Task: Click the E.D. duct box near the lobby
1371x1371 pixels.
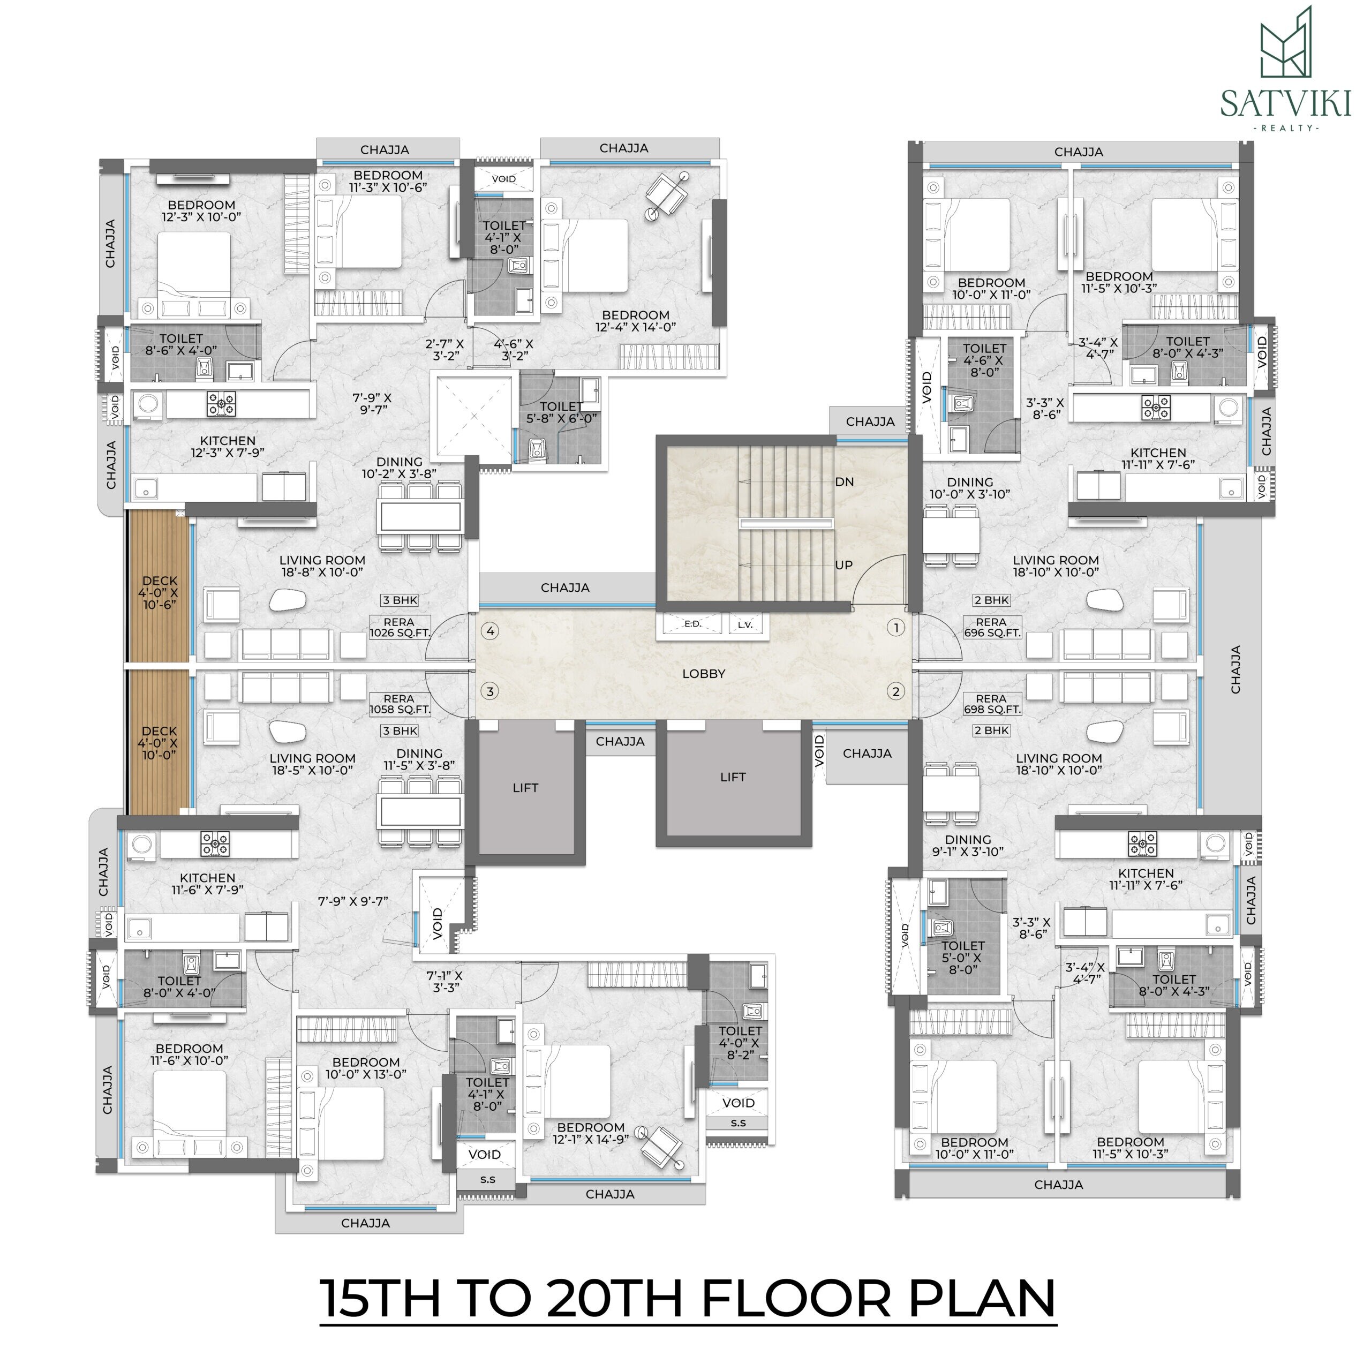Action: [x=692, y=624]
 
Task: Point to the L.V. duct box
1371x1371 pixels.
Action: [x=745, y=624]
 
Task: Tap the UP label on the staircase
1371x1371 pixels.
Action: [x=843, y=566]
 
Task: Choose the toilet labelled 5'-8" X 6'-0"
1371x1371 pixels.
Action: [x=561, y=413]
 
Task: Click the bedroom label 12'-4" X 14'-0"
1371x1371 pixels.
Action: [x=636, y=321]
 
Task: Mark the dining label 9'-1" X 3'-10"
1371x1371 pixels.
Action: [x=968, y=846]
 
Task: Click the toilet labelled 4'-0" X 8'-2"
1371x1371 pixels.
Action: [x=740, y=1043]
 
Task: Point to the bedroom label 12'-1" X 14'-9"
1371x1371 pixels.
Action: [x=590, y=1133]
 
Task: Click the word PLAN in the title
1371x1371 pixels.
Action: [x=983, y=1297]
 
